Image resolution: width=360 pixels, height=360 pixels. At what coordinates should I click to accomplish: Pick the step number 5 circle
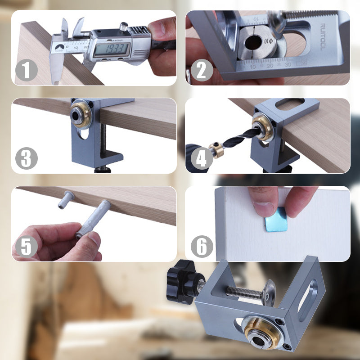[x=26, y=247]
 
